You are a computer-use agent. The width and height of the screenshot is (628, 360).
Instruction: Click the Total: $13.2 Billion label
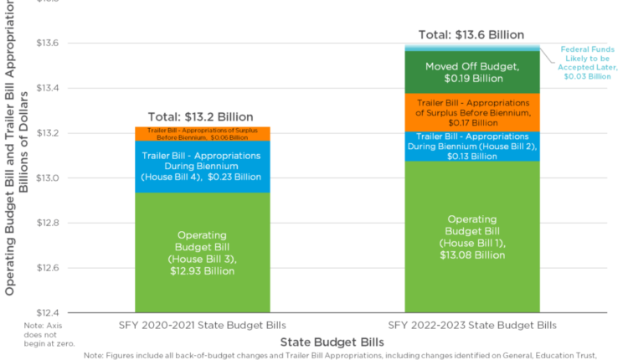200,117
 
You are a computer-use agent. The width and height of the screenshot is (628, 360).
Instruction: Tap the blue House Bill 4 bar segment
203,166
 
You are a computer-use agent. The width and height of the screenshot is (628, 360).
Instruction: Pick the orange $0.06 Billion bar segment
203,133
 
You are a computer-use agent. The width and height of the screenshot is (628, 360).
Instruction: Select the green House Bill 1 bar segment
472,236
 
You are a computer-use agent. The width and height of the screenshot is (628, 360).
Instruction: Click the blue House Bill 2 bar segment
472,146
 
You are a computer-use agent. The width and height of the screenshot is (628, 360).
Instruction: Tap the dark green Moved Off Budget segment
472,72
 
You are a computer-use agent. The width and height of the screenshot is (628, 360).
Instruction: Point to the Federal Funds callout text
586,63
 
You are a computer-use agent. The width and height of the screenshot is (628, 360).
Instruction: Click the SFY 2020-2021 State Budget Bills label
203,325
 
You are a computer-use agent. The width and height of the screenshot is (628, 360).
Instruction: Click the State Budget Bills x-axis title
332,342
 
